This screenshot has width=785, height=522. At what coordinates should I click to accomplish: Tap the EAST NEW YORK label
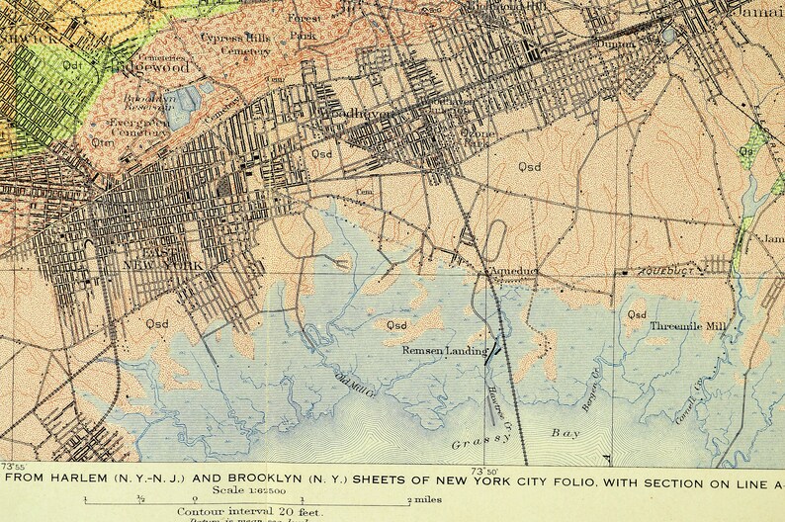(x=167, y=259)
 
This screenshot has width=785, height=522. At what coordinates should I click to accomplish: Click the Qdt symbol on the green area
(x=71, y=65)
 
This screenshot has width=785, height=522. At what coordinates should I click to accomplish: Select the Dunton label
(x=622, y=43)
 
